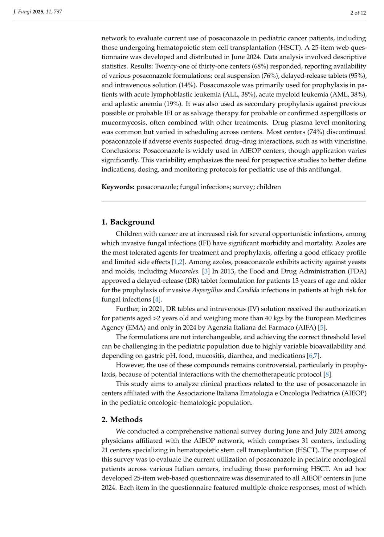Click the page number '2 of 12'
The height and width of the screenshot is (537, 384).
point(358,13)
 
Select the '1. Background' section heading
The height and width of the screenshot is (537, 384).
point(128,222)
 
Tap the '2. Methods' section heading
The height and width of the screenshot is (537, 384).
point(122,420)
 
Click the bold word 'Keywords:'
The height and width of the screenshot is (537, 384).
point(118,187)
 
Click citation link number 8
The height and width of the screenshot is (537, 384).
point(327,374)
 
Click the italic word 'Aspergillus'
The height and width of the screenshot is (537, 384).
point(207,290)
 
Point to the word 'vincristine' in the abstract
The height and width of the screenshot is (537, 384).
point(351,141)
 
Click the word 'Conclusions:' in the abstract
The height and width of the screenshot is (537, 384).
point(121,151)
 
